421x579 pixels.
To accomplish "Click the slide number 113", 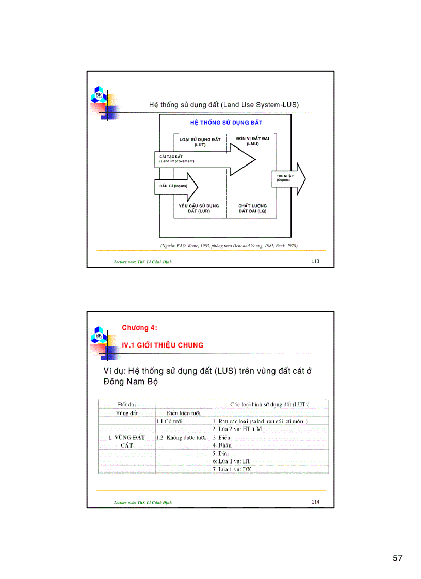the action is [315, 261].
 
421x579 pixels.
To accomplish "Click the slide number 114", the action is [315, 502].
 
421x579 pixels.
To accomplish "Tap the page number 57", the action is [397, 558].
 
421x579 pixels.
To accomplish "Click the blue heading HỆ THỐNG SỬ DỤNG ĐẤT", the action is [226, 123].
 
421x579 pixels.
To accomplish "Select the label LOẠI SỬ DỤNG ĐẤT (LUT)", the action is [200, 142].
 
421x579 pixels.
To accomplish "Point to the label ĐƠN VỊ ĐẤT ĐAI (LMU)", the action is [252, 141].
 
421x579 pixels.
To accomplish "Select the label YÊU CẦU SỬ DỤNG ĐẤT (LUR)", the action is [199, 208].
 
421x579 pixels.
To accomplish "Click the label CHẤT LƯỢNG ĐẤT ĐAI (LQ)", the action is [252, 208].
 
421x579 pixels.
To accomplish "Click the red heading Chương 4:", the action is [139, 328].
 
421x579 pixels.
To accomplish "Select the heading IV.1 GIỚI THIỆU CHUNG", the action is [163, 345].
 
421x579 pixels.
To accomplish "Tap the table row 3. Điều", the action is [221, 437].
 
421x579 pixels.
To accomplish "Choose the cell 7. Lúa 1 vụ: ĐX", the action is [232, 469].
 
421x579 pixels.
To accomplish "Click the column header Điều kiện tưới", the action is [183, 413].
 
